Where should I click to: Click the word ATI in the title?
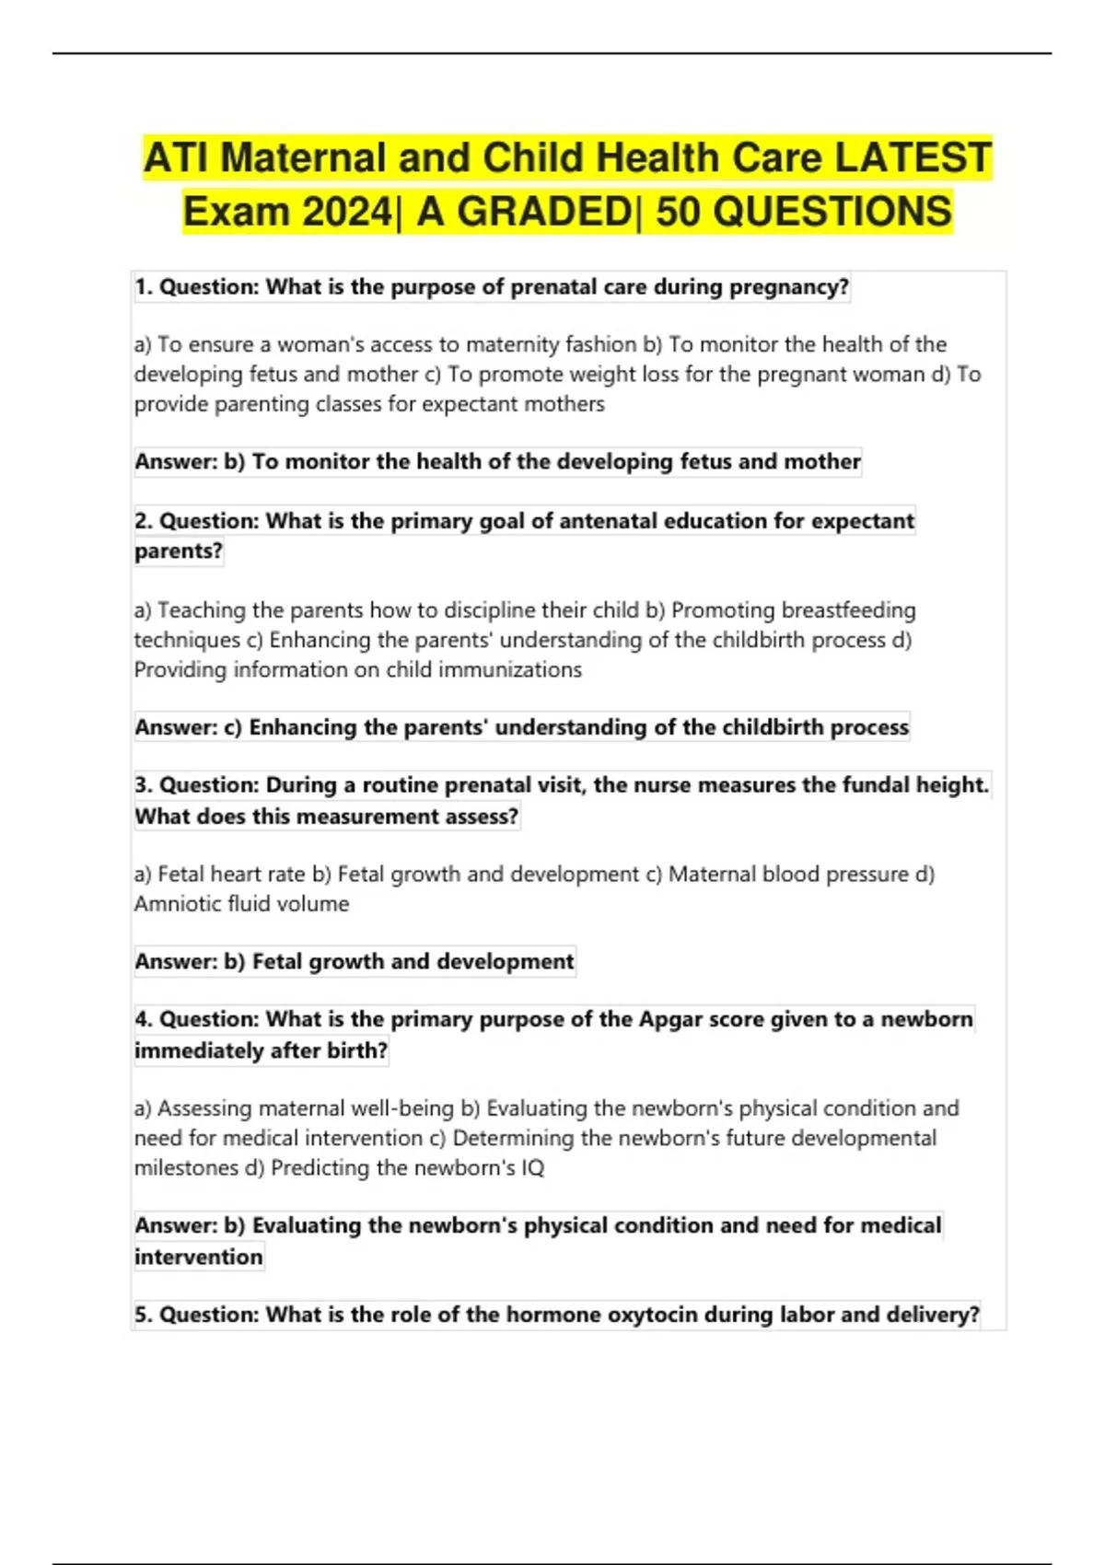[x=178, y=157]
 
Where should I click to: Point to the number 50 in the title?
[x=678, y=212]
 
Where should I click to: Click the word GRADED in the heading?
[x=544, y=212]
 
